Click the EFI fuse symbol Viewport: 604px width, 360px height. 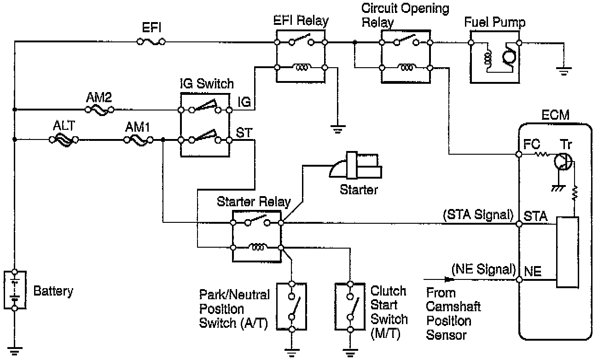[x=151, y=42]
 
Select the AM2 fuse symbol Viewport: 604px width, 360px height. [x=100, y=110]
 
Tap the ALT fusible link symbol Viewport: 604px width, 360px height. [x=64, y=139]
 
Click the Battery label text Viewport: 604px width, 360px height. [x=53, y=291]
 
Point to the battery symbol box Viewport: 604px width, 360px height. [x=15, y=290]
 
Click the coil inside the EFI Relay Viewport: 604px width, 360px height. [x=302, y=68]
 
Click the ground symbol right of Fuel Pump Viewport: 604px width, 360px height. [x=563, y=70]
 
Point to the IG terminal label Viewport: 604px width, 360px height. [x=244, y=102]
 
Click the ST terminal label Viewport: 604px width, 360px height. [x=244, y=133]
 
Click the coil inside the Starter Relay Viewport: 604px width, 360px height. [x=256, y=248]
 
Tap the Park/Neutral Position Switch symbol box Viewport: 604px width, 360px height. [x=291, y=307]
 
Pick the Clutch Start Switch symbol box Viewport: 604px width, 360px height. [x=351, y=307]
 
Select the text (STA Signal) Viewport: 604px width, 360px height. [x=478, y=215]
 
